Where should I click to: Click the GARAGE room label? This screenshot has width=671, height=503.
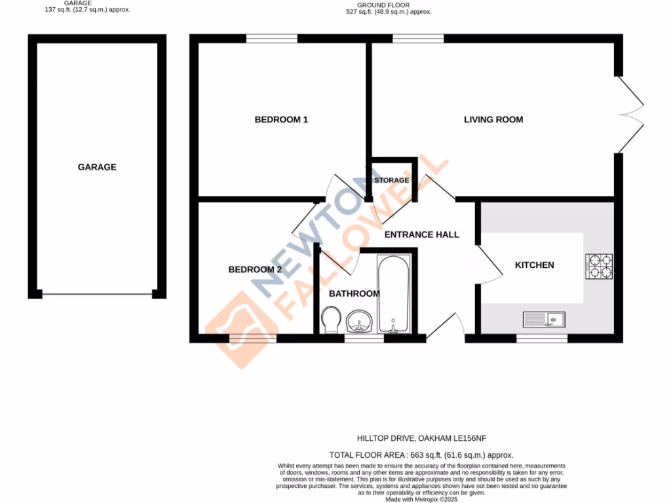(x=97, y=167)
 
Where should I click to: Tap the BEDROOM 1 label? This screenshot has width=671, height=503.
(x=281, y=120)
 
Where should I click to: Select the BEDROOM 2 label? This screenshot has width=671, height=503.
(x=255, y=269)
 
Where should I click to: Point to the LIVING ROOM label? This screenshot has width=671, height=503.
(x=493, y=120)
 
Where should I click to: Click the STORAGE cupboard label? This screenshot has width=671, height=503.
(x=392, y=180)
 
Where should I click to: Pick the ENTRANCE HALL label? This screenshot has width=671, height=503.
(x=421, y=234)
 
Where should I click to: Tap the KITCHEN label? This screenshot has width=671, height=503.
(x=534, y=265)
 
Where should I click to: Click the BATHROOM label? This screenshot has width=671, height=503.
(x=354, y=293)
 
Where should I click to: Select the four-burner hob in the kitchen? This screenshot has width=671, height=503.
(x=599, y=266)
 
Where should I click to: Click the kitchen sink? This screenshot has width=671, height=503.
(x=544, y=320)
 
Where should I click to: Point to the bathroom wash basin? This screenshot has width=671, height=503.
(x=358, y=322)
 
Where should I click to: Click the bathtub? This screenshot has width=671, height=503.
(x=394, y=295)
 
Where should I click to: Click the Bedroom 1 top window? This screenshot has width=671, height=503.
(x=271, y=39)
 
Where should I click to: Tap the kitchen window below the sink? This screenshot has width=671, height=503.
(x=542, y=339)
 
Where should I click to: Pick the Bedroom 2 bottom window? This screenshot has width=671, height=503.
(x=252, y=339)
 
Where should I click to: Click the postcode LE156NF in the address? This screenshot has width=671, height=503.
(x=468, y=438)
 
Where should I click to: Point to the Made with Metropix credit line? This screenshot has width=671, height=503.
(x=421, y=499)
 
